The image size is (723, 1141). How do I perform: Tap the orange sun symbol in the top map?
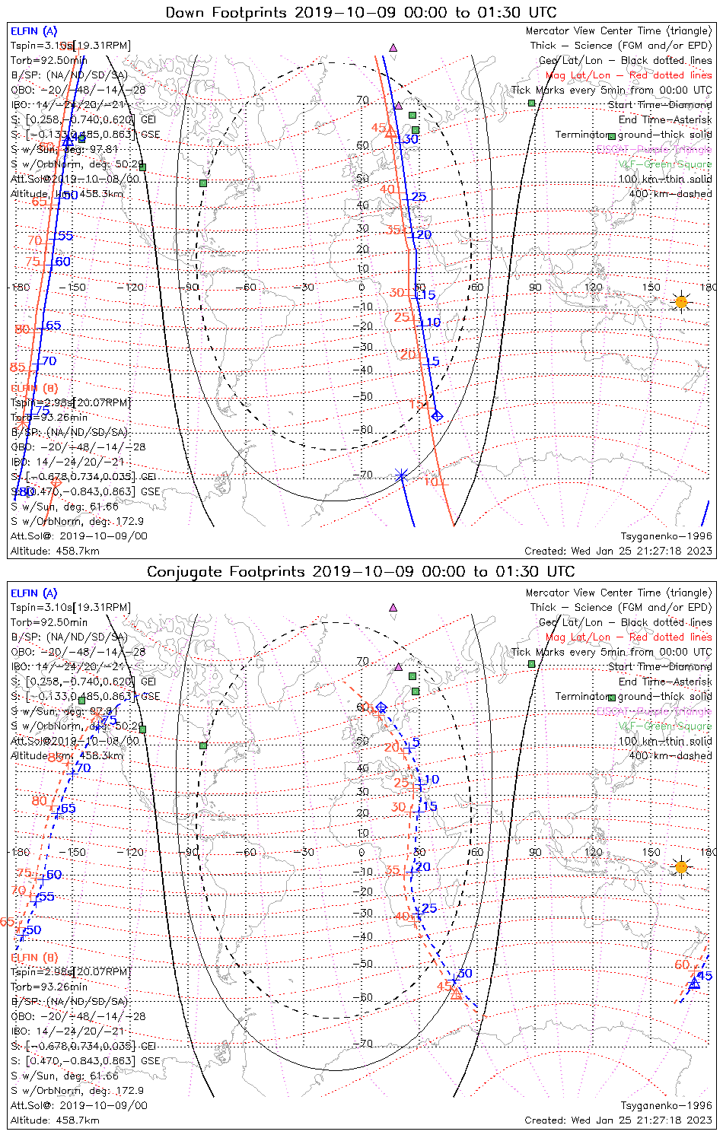pos(680,302)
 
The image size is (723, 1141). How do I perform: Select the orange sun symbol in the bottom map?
pos(680,866)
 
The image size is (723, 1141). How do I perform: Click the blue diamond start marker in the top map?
pos(437,415)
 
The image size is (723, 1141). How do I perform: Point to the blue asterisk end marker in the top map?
pos(402,475)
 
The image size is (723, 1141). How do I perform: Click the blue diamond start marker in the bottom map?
pos(381,707)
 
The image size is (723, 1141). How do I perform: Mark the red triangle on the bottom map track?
pos(456,993)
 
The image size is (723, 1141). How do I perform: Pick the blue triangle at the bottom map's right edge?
pos(694,984)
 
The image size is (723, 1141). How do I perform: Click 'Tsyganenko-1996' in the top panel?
pos(666,536)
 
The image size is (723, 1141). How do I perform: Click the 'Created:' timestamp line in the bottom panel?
pos(618,1120)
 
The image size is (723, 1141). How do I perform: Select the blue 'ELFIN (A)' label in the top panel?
pos(33,31)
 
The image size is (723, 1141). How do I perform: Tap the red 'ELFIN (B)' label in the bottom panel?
pos(34,957)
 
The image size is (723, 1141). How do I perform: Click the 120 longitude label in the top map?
pos(594,288)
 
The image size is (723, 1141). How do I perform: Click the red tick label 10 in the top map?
pos(431,482)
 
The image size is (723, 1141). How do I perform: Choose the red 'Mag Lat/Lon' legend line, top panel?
pos(628,75)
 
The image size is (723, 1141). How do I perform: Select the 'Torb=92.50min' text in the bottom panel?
pos(49,622)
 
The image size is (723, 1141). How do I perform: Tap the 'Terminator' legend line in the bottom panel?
pos(633,697)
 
